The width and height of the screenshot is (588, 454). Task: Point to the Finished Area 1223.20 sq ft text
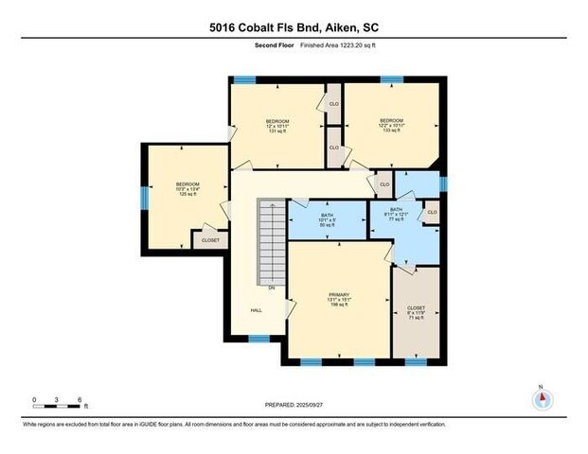339,45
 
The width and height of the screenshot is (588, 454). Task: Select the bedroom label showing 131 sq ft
277,126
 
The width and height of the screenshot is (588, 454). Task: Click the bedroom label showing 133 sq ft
392,126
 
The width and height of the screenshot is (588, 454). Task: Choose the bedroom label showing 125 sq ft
187,190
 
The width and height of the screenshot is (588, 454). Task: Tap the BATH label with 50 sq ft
327,219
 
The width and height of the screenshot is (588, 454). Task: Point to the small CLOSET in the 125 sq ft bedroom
209,240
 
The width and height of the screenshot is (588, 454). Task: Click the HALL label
256,309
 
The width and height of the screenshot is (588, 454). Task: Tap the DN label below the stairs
271,288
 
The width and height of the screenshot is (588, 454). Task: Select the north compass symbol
542,397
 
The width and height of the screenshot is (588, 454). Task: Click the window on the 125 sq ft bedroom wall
144,197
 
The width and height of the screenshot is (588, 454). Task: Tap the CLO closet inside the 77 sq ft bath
432,213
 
